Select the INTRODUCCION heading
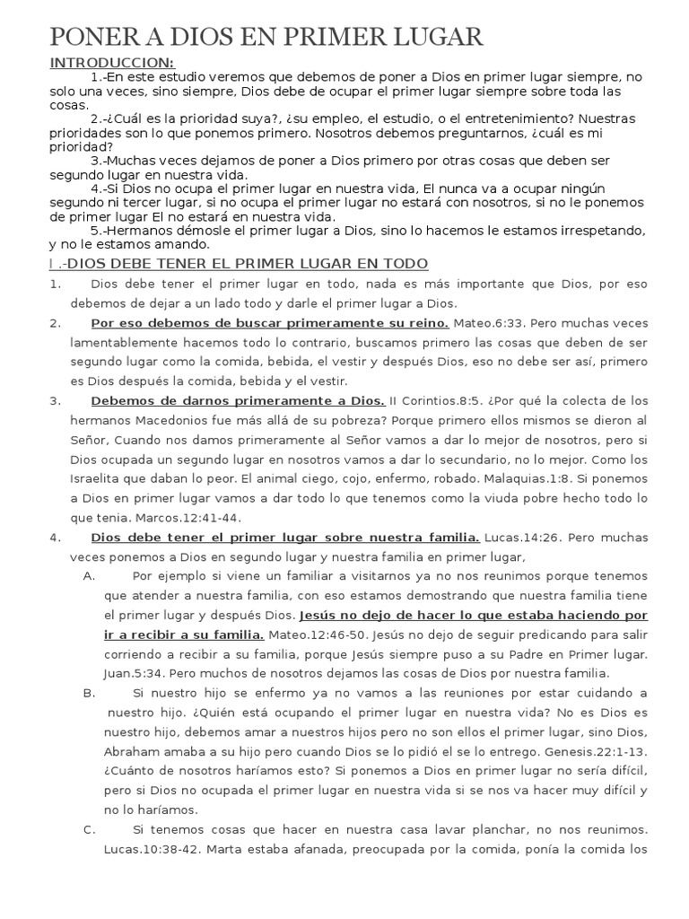[112, 62]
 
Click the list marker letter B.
[89, 693]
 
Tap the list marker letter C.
[89, 829]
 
